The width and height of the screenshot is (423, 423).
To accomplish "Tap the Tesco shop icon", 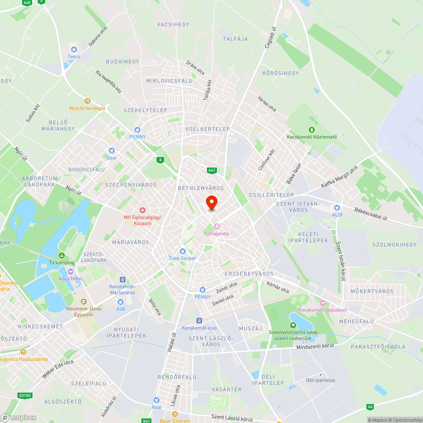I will (74, 50).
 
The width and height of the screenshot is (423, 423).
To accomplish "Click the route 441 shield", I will (212, 170).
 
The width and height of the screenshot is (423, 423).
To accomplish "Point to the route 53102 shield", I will (25, 396).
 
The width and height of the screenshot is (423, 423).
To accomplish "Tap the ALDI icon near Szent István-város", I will (337, 208).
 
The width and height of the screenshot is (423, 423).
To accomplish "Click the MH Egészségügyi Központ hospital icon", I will (143, 210).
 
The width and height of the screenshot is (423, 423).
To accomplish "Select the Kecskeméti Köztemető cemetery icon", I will (312, 130).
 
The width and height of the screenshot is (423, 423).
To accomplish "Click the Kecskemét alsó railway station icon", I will (199, 321).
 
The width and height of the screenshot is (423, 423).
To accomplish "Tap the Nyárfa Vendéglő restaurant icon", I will (88, 101).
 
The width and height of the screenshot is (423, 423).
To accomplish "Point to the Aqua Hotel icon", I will (71, 272).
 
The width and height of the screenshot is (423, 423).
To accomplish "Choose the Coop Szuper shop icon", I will (183, 251).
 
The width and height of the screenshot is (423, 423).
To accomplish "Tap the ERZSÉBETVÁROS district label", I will (250, 274).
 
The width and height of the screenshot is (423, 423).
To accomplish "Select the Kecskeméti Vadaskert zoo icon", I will (323, 303).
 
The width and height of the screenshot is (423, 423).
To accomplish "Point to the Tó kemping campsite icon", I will (62, 256).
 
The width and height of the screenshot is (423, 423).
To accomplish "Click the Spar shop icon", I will (112, 151).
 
